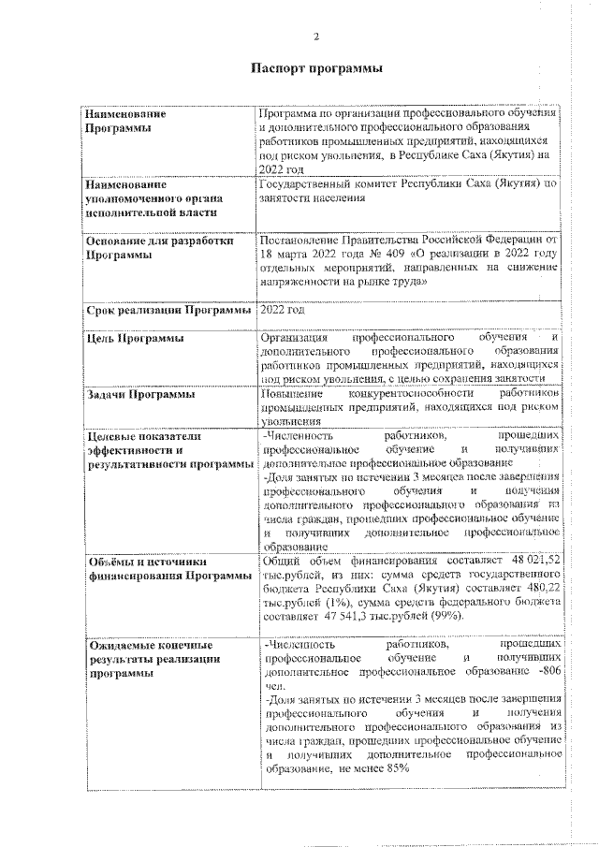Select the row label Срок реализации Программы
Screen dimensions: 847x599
point(168,309)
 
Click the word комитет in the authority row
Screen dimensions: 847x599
point(388,184)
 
